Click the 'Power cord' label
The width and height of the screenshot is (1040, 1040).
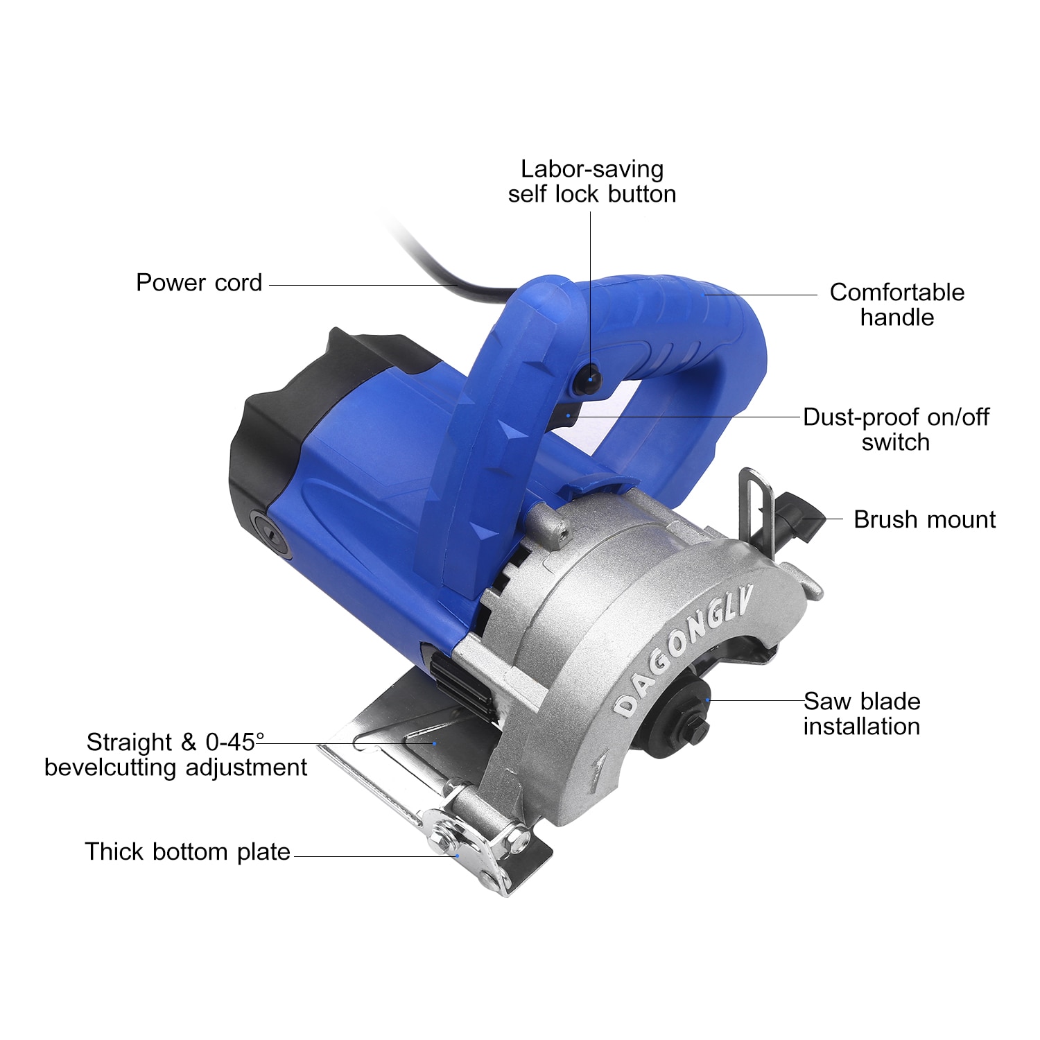[x=199, y=283]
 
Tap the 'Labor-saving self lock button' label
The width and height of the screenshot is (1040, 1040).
[x=591, y=182]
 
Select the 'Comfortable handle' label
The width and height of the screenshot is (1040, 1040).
[x=896, y=304]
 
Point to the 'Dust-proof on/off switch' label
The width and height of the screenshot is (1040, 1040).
[x=896, y=429]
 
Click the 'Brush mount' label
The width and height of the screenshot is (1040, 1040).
[x=924, y=519]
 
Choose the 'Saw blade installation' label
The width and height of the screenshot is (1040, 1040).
[x=862, y=713]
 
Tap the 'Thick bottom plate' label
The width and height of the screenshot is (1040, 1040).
[x=187, y=851]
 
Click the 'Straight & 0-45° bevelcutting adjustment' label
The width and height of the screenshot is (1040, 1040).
[x=175, y=754]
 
